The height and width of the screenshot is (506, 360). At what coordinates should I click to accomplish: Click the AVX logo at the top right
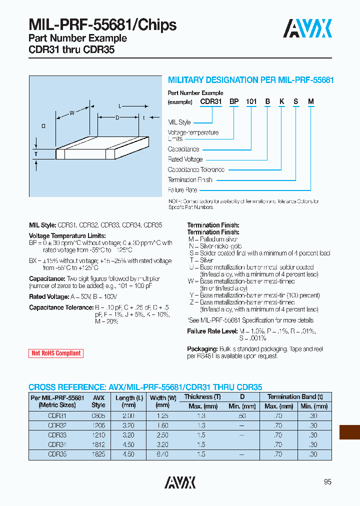click(x=307, y=28)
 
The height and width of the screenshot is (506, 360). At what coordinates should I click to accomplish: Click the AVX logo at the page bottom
click(x=180, y=482)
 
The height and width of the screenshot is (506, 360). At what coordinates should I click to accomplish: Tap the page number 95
click(x=327, y=482)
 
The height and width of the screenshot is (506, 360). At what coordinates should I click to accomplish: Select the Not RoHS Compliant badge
click(x=56, y=353)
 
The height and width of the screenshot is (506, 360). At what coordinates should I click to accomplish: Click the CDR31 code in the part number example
click(x=210, y=102)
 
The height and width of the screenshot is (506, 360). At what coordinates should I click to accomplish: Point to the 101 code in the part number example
click(x=251, y=102)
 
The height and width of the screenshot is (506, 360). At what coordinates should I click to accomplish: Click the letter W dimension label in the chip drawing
click(x=72, y=113)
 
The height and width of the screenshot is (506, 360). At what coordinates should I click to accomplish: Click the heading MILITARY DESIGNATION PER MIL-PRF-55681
click(x=250, y=80)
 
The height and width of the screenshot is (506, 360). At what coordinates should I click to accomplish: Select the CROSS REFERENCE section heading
click(x=145, y=387)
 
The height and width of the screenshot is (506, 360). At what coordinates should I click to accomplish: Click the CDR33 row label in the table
click(x=57, y=435)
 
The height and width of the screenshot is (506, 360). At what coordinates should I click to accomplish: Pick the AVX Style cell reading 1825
click(x=98, y=454)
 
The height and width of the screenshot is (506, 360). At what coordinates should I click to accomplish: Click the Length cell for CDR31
click(x=128, y=416)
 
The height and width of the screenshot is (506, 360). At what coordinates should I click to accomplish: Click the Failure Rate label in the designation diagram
click(x=182, y=190)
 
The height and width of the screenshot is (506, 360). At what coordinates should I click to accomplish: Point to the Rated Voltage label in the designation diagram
click(x=185, y=159)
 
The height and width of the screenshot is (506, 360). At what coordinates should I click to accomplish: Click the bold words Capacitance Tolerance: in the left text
click(x=53, y=307)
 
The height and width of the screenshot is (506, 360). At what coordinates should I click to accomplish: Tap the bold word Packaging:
click(x=202, y=348)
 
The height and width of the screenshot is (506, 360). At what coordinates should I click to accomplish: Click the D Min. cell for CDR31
click(x=242, y=416)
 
